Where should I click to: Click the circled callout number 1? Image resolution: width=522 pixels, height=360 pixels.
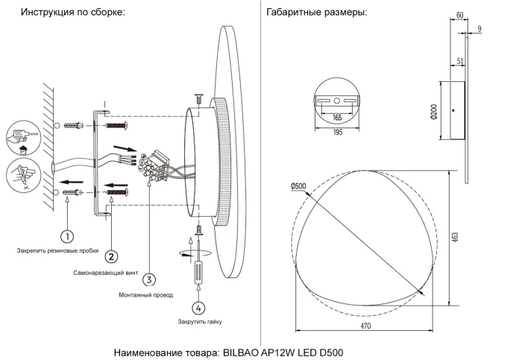pyautogui.click(x=66, y=237)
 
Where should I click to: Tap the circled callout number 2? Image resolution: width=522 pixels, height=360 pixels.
pyautogui.click(x=111, y=256)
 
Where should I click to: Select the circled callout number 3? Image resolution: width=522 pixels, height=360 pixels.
pyautogui.click(x=150, y=280)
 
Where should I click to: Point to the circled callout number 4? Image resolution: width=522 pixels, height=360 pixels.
pyautogui.click(x=198, y=307)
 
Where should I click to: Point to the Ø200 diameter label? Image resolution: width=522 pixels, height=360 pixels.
pyautogui.click(x=433, y=113)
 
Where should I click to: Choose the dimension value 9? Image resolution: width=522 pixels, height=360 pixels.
pyautogui.click(x=479, y=28)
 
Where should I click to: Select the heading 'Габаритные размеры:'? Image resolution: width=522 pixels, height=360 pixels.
pyautogui.click(x=316, y=13)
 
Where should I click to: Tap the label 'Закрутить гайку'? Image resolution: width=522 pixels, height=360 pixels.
pyautogui.click(x=199, y=321)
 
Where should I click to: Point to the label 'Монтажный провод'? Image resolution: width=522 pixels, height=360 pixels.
pyautogui.click(x=145, y=295)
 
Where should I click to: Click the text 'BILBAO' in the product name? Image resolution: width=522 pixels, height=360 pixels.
pyautogui.click(x=241, y=352)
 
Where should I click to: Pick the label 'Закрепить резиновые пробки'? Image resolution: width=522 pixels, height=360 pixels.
pyautogui.click(x=57, y=252)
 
